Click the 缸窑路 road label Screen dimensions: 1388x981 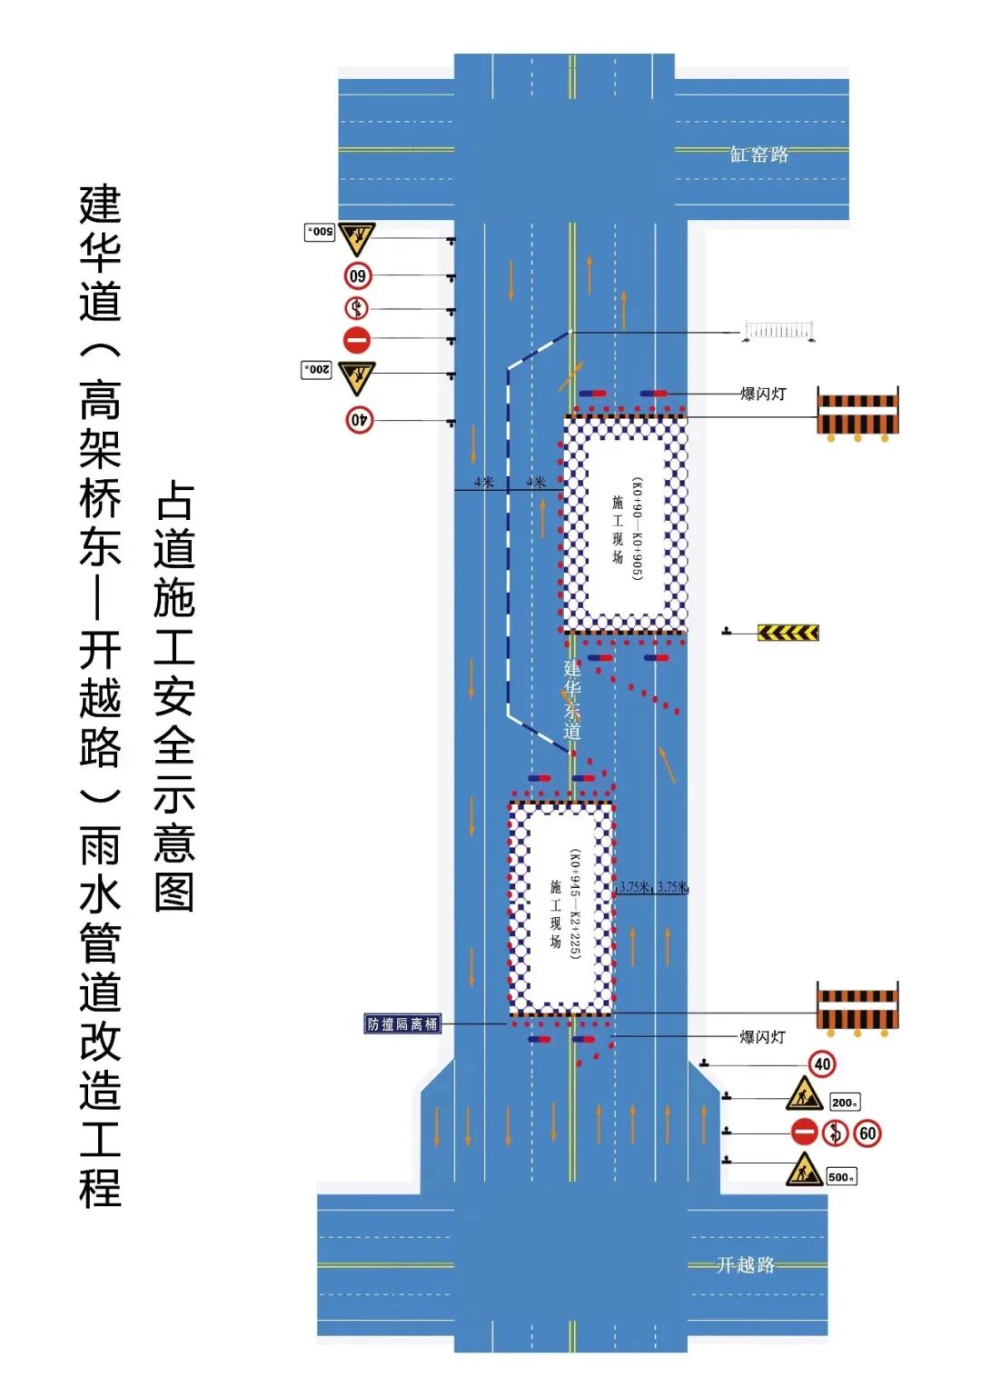(759, 155)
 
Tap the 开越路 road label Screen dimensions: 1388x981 (746, 1264)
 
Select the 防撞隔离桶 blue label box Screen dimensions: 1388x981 (402, 1024)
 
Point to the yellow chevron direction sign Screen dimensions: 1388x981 (788, 633)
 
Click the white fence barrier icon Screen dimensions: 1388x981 (778, 331)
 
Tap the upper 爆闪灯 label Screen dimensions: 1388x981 (763, 394)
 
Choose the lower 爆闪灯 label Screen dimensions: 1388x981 (763, 1037)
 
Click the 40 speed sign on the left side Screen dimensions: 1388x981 (360, 420)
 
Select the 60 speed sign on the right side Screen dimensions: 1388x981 (867, 1133)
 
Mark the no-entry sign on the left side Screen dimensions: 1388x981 (357, 340)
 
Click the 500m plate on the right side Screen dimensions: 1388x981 (841, 1177)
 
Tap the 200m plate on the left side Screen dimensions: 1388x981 (316, 370)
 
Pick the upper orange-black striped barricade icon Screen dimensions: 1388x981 (857, 414)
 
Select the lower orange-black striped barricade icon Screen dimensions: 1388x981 (857, 1007)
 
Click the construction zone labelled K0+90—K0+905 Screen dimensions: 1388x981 (625, 524)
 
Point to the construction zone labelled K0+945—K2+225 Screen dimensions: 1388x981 (561, 908)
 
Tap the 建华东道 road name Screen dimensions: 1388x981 (571, 700)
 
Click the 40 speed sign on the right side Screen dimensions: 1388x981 (822, 1064)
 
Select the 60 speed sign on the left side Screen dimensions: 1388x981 (358, 275)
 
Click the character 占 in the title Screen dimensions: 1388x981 (174, 500)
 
